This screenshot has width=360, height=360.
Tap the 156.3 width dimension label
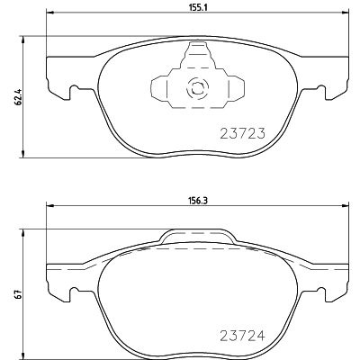click(196, 202)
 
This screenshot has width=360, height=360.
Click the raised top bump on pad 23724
click(197, 237)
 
